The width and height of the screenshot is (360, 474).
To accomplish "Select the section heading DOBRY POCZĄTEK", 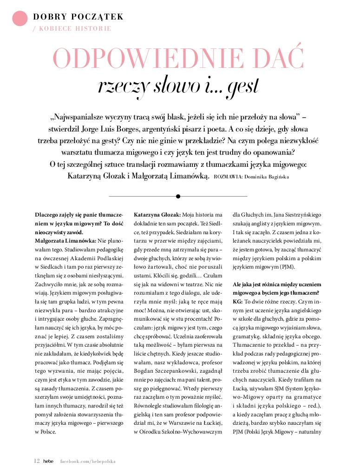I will point(78,17).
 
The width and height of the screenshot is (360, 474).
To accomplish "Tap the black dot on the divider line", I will point(178,196).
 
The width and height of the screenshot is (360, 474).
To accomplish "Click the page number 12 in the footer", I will point(37,461).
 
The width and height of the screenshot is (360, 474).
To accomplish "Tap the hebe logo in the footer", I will point(49,461).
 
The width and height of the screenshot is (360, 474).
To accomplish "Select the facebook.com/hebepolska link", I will point(88,461).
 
